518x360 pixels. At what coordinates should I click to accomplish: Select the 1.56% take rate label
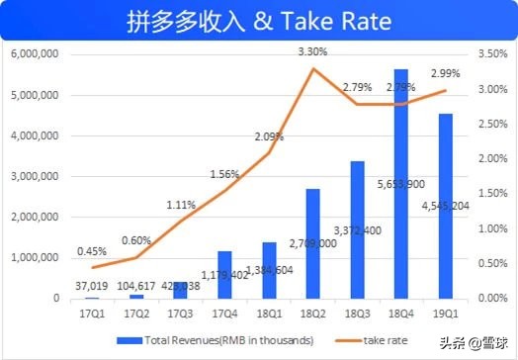[x=224, y=174]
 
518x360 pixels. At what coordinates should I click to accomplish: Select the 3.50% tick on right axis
[x=492, y=53]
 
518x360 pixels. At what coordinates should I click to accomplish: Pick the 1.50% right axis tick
[x=492, y=193]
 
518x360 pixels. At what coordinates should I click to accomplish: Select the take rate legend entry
[x=386, y=340]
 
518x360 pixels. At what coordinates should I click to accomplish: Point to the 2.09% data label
[x=269, y=135]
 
